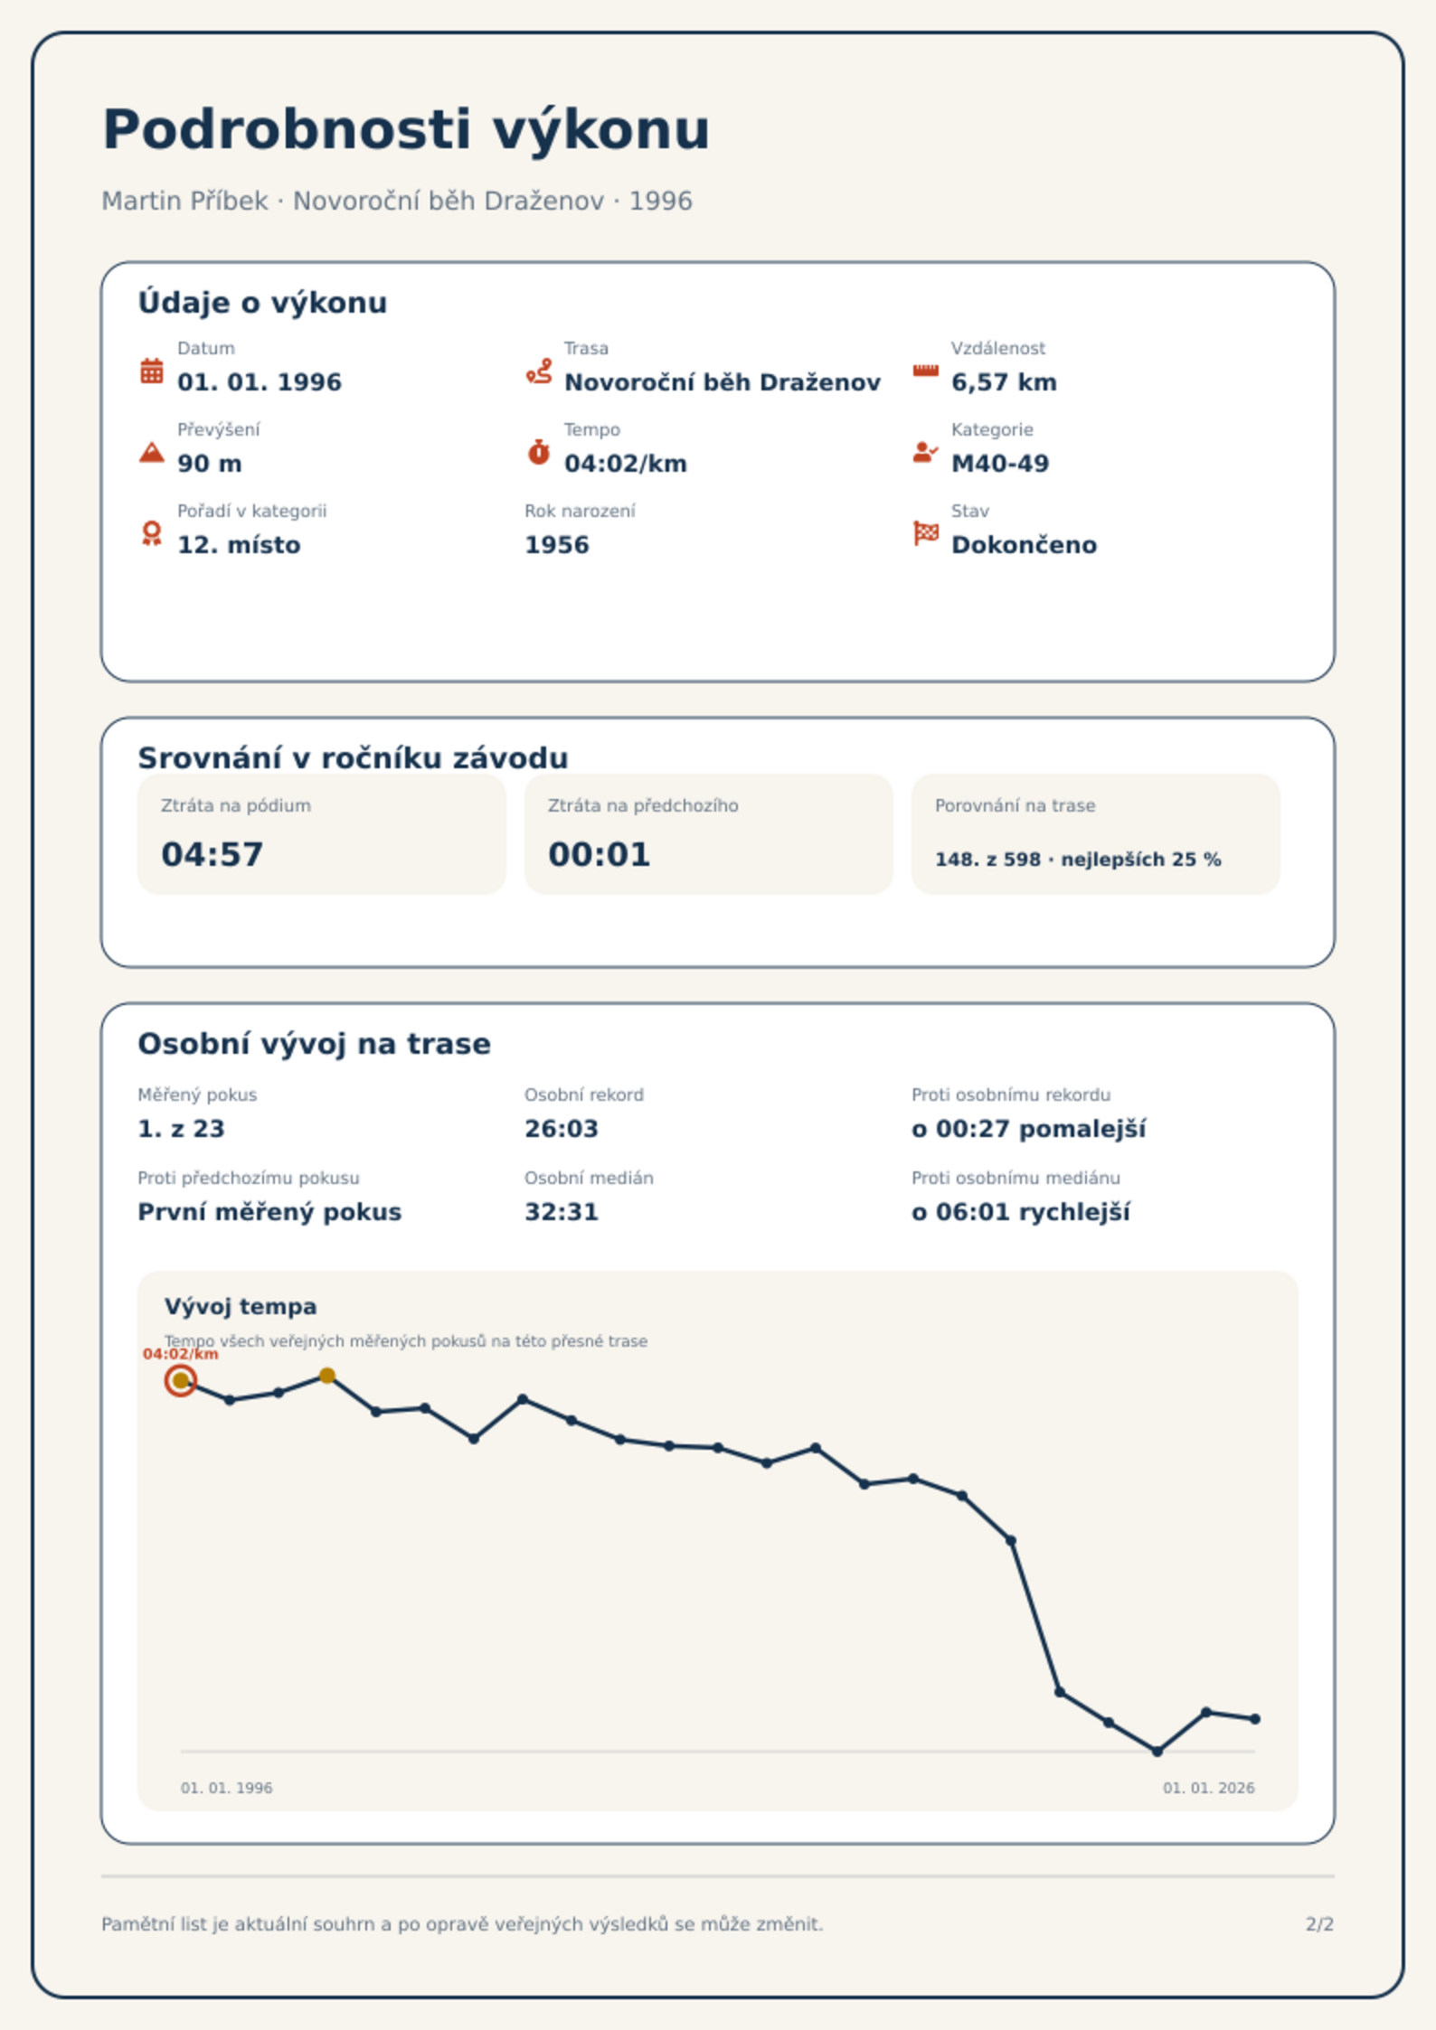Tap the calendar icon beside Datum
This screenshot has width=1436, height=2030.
tap(152, 371)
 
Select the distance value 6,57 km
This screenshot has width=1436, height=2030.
tap(1004, 382)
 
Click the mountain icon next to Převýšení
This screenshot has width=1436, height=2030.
tap(152, 452)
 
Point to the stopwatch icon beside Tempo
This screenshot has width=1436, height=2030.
tap(539, 452)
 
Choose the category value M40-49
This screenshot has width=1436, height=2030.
tap(1000, 464)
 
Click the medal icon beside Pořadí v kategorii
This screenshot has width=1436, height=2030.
tap(152, 533)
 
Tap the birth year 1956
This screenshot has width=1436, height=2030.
tap(557, 545)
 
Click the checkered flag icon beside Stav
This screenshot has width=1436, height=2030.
tap(926, 533)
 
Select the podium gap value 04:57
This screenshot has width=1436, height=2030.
tap(213, 854)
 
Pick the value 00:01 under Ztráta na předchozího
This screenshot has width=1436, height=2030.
tap(600, 854)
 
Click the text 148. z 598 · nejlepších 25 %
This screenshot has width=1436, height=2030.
tap(1078, 860)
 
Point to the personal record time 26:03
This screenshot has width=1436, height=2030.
tap(562, 1129)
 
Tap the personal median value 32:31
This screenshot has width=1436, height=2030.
tap(562, 1212)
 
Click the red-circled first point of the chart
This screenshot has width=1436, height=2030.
tap(181, 1380)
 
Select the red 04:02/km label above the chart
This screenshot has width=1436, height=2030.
tap(181, 1354)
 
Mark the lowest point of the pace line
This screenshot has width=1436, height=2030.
tap(1157, 1751)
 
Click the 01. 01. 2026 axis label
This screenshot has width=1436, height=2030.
tap(1208, 1788)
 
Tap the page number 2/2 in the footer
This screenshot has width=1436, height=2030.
tap(1319, 1924)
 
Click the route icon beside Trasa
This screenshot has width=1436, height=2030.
tap(539, 371)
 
